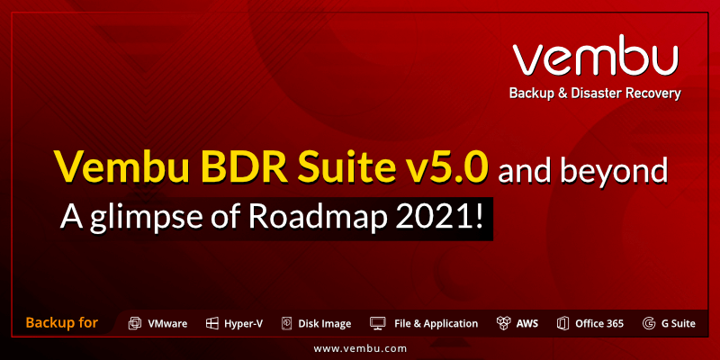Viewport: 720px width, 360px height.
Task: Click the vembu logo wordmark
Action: point(596,55)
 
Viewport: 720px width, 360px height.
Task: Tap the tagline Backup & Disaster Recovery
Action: point(595,94)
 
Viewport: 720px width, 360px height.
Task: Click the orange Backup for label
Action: point(62,322)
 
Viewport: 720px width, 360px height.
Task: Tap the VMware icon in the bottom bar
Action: point(134,323)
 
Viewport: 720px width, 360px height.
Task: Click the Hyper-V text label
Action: point(243,324)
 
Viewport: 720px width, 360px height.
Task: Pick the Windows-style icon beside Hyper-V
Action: point(211,323)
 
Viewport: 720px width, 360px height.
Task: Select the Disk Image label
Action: point(325,324)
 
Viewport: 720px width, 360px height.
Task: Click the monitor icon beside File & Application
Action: point(377,323)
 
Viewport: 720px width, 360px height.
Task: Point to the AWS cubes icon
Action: point(504,323)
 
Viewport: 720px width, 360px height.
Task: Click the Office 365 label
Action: point(599,323)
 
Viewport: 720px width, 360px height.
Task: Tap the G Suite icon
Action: point(649,323)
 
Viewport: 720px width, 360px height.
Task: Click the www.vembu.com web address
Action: point(360,349)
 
